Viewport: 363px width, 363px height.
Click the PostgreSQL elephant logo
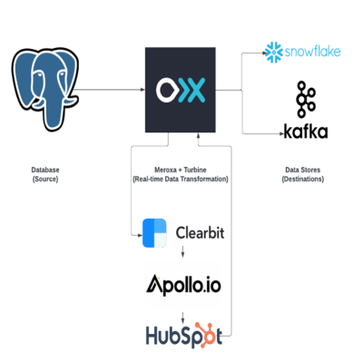click(45, 89)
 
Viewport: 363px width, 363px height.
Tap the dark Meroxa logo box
click(181, 90)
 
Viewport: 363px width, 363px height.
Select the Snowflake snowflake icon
click(273, 53)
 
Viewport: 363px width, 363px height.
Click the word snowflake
click(313, 52)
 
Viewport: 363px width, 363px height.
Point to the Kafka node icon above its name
click(306, 99)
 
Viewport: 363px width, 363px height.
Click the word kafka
click(306, 131)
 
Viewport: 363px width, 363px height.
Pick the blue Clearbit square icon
click(154, 233)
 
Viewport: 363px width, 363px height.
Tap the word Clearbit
click(201, 233)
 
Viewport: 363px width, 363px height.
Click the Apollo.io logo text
click(183, 285)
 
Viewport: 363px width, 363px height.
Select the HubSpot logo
click(184, 334)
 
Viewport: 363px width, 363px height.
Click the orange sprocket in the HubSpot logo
click(203, 333)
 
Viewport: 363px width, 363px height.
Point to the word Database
click(45, 170)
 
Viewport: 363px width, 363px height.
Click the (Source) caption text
click(45, 179)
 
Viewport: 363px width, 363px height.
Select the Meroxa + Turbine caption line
click(181, 170)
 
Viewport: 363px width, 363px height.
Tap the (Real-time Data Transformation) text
click(181, 179)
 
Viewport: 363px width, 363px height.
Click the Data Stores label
click(303, 170)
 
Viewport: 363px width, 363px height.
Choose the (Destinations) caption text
click(303, 179)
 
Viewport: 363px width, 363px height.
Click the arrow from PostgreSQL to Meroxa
click(109, 90)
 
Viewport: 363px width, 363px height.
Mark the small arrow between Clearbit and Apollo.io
click(182, 251)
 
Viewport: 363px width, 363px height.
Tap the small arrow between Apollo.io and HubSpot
click(182, 318)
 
